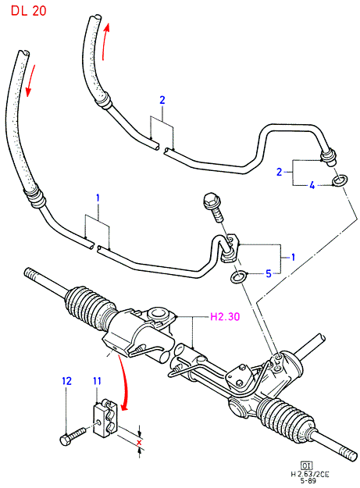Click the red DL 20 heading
29,11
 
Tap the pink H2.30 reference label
225,317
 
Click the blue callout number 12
66,381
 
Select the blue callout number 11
98,381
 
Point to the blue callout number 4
312,186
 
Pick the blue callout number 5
269,274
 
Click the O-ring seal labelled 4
340,181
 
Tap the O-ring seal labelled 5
238,276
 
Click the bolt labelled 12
73,436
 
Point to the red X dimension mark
139,442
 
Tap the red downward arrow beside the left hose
30,80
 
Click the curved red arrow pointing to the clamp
124,383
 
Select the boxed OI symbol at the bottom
306,466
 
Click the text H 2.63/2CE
309,474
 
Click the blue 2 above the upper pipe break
162,100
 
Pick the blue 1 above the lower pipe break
98,198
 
